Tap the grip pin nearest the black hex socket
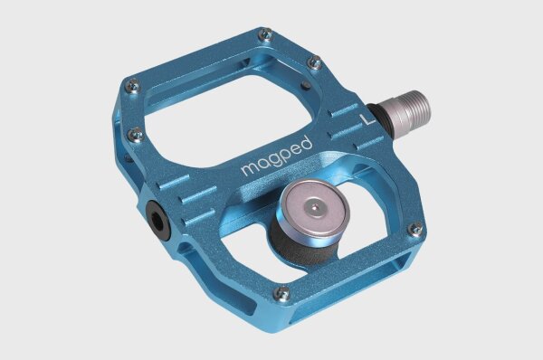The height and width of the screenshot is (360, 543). point(136,134)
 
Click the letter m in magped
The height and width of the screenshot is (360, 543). point(247,170)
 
